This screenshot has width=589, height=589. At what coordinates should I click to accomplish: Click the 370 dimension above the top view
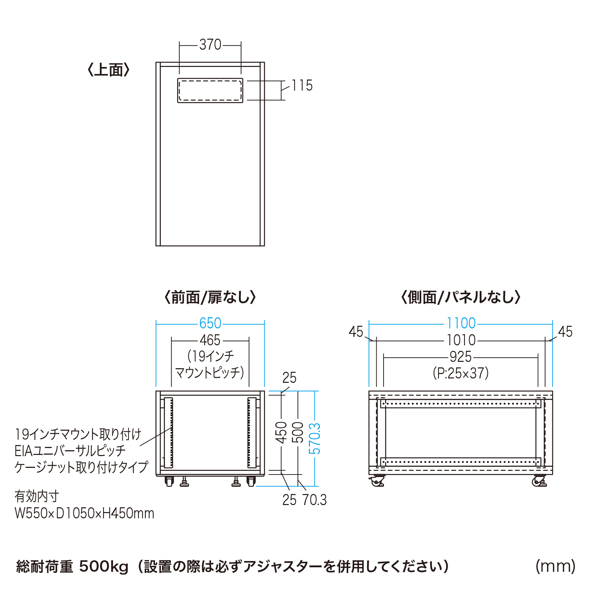210,45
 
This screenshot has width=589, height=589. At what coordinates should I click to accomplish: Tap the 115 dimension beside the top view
302,85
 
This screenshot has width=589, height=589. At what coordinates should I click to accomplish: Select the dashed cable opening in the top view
210,90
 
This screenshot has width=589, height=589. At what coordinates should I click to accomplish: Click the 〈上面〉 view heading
109,70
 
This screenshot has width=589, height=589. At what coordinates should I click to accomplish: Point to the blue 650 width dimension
210,323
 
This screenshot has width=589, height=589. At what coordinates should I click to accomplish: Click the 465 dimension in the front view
210,340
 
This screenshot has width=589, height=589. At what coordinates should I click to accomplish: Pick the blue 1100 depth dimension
461,323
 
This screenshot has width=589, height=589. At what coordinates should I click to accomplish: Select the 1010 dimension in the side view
461,340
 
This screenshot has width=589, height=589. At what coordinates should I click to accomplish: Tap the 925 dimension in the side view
461,357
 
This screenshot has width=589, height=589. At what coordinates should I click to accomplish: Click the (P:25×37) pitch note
461,373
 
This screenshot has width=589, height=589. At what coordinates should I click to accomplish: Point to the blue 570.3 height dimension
315,438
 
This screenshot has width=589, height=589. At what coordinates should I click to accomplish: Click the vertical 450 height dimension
281,433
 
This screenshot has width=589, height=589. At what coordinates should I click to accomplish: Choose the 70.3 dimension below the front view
315,500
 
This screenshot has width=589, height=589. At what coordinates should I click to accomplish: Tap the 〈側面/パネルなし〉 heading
461,297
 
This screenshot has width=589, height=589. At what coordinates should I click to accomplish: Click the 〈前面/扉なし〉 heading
210,297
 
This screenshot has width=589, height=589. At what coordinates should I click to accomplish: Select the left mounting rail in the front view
168,433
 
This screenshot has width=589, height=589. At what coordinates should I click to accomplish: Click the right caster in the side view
539,481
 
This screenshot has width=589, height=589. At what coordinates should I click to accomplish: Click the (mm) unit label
556,566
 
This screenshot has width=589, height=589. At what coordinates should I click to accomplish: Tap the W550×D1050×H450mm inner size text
84,513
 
